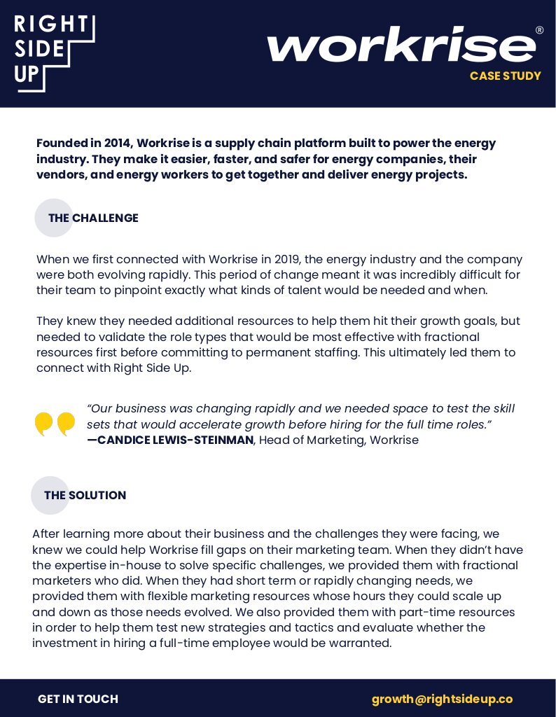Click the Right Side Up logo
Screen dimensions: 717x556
(54, 53)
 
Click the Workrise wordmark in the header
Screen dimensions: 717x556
(401, 46)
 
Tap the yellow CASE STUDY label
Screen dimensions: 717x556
(505, 76)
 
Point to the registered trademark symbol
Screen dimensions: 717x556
(538, 31)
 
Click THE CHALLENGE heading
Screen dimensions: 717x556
(93, 218)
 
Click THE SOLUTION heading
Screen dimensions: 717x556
(85, 495)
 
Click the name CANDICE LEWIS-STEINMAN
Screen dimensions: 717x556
(175, 440)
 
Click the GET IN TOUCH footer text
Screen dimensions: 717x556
(78, 699)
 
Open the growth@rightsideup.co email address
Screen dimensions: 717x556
(442, 699)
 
